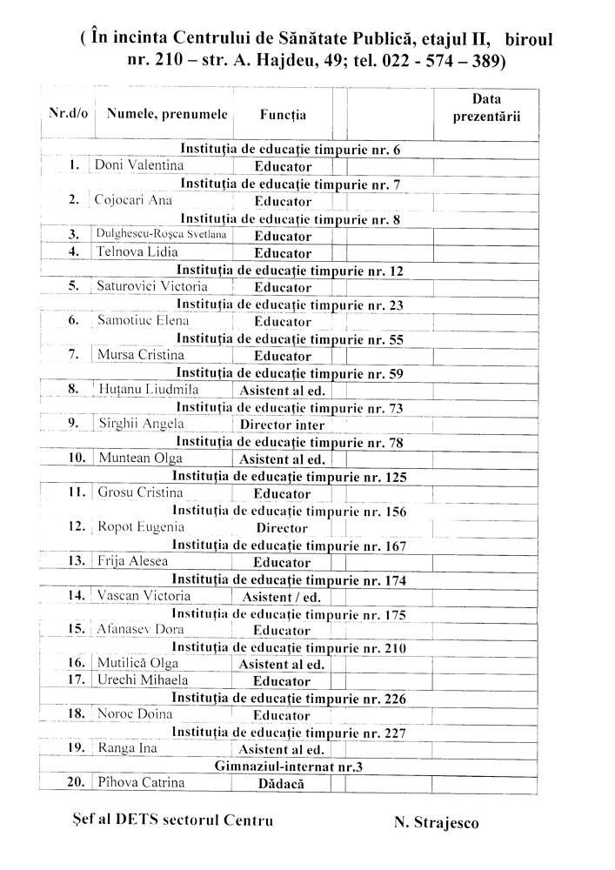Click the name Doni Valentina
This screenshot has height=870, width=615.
(139, 164)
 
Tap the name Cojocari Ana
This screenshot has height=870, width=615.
(133, 199)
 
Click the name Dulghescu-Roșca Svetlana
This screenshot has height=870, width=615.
(160, 234)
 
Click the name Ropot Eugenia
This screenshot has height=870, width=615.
(141, 526)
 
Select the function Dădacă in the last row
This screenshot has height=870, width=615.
(282, 783)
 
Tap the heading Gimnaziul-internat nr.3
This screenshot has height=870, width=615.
(289, 766)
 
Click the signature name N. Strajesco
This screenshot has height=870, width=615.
(436, 822)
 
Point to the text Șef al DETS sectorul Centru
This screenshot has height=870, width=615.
(174, 820)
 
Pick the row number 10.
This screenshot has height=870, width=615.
(77, 458)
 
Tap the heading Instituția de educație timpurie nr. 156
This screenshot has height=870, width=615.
(289, 511)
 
